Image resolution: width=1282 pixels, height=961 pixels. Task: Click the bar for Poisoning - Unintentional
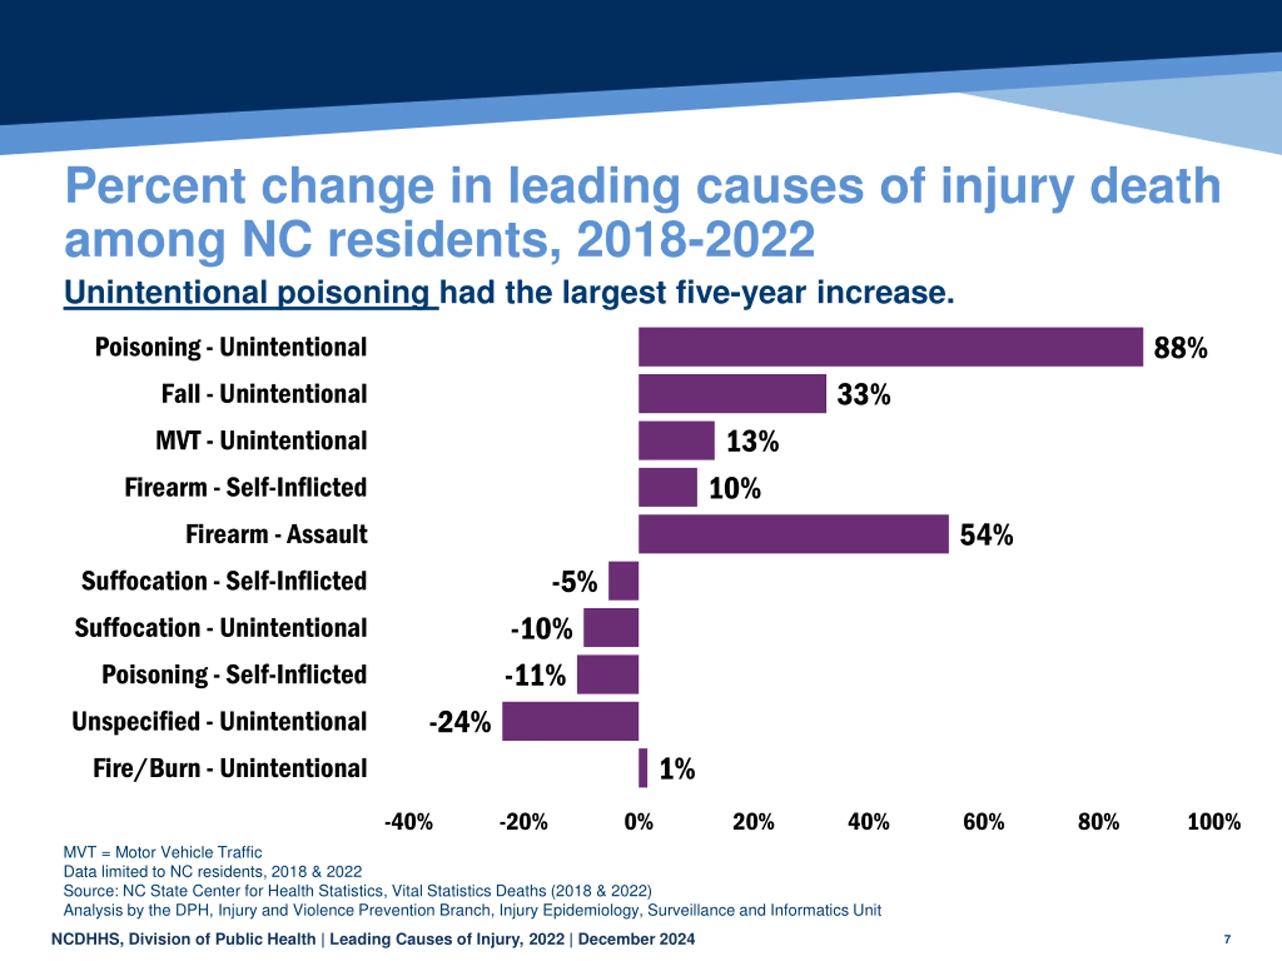(890, 346)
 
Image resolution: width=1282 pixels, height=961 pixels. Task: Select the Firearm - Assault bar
(793, 534)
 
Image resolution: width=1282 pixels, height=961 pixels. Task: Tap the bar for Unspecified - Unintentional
(570, 721)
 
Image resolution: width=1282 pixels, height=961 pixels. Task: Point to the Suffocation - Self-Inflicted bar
(623, 581)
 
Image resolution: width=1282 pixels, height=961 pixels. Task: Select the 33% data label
(863, 394)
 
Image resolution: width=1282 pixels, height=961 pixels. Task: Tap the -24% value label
(460, 722)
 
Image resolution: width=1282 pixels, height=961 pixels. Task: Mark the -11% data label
(535, 675)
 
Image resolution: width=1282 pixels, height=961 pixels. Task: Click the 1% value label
(677, 769)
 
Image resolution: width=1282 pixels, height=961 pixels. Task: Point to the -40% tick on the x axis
(409, 821)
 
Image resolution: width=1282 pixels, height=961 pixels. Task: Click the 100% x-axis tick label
(1213, 821)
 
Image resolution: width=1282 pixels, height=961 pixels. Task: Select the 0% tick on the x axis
(638, 821)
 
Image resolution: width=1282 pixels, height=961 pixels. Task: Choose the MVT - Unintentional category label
(261, 440)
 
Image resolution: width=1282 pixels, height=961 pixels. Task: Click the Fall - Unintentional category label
(264, 394)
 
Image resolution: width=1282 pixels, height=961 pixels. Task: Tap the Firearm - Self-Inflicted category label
(245, 487)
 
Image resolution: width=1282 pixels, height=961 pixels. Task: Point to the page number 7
(1227, 939)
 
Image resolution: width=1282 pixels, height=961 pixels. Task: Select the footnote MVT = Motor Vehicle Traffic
(162, 852)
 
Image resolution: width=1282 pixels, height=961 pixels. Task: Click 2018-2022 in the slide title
(696, 239)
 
